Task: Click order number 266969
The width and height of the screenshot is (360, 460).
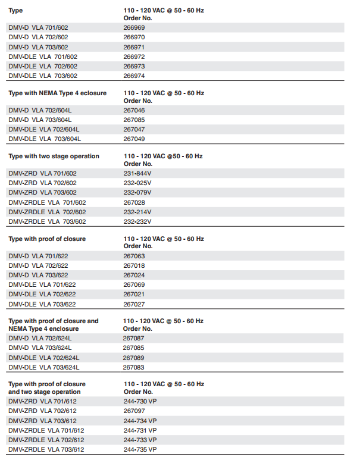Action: pos(134,27)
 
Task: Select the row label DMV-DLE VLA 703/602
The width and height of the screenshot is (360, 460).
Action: pos(43,76)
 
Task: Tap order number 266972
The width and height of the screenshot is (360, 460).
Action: pos(134,57)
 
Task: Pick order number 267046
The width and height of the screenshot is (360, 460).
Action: pos(134,110)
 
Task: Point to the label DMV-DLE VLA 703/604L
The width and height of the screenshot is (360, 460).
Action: pos(45,139)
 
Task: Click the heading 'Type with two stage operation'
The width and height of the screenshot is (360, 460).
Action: pos(54,156)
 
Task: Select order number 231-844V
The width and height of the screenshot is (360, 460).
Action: pos(137,173)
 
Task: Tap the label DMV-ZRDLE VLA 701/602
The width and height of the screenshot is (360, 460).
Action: pos(47,202)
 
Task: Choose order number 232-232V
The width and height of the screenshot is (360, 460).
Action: pos(137,221)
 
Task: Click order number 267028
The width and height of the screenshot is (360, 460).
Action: pos(134,202)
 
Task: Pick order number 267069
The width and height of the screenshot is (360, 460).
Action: pos(134,284)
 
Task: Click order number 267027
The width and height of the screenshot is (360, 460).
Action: pos(134,304)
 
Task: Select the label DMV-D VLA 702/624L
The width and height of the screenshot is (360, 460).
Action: pos(40,338)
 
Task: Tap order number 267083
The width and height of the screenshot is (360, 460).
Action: pos(134,367)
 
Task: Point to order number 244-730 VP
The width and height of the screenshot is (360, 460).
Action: pos(140,401)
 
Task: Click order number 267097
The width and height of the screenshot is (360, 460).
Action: pos(134,411)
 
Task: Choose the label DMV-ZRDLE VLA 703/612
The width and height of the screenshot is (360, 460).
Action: pos(46,449)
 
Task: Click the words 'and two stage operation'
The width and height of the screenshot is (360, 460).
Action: pos(45,392)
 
